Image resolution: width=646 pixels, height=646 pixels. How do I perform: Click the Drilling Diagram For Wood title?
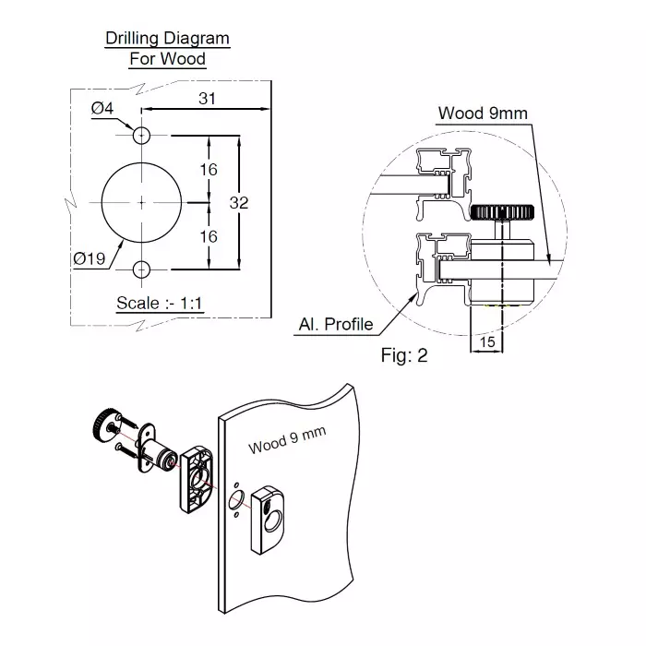tap(167, 49)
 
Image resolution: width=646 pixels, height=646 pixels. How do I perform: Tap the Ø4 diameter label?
tap(102, 109)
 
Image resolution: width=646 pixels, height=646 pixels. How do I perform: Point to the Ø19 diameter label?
tap(89, 258)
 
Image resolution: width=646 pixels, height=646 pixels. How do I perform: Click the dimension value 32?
tap(239, 203)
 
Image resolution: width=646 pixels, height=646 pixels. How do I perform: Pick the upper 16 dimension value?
tap(209, 169)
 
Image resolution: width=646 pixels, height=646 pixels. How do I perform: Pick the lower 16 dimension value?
tap(209, 236)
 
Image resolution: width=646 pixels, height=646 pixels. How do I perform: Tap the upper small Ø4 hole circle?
tap(141, 136)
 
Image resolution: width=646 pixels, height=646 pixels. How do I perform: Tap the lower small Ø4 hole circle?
tap(141, 269)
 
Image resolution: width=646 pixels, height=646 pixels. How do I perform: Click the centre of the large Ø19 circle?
tap(141, 202)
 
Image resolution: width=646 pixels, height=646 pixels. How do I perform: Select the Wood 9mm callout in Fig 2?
tap(482, 114)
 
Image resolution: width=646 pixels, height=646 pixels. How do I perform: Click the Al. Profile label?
tap(336, 324)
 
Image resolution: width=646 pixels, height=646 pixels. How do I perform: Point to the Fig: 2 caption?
tap(404, 354)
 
